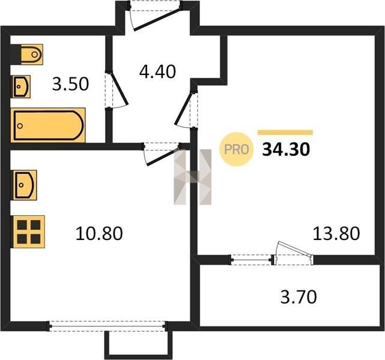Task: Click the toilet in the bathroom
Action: click(x=32, y=54)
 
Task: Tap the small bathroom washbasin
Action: click(x=22, y=86)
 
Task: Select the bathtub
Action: click(x=48, y=125)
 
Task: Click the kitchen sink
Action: click(x=25, y=185)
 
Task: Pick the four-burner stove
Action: click(x=29, y=232)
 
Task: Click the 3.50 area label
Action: click(x=70, y=84)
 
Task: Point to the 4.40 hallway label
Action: click(x=157, y=72)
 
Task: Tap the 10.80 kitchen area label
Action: click(x=99, y=233)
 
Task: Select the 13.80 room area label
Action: click(x=336, y=233)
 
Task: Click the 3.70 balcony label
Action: click(x=299, y=297)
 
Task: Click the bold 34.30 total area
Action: click(x=286, y=149)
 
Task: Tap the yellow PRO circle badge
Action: click(x=237, y=149)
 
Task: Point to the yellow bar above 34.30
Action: click(x=285, y=133)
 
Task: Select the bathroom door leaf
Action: click(x=118, y=89)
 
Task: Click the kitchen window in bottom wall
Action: click(x=108, y=326)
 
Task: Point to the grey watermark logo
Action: click(x=192, y=177)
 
